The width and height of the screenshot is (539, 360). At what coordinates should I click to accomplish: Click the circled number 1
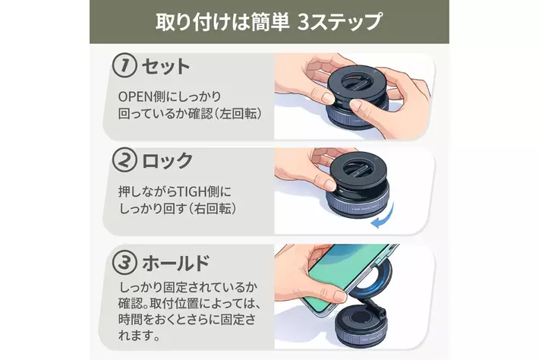pos(125,65)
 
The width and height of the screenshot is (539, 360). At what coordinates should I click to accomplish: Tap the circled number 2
pos(125,159)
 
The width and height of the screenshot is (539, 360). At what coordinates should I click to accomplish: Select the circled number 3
pos(125,262)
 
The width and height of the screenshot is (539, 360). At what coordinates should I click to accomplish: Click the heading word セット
pos(165,66)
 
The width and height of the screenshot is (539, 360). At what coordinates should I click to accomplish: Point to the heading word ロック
pos(167,160)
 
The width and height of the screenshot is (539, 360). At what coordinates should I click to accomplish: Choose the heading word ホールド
pos(175,263)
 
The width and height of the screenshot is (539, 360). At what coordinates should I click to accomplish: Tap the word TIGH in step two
pos(191,191)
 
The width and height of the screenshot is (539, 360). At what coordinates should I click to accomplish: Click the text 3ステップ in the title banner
pos(339,22)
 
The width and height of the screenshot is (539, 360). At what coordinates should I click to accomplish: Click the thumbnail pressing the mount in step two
pos(329,185)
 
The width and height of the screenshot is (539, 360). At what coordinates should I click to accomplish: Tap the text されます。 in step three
pos(139,336)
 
